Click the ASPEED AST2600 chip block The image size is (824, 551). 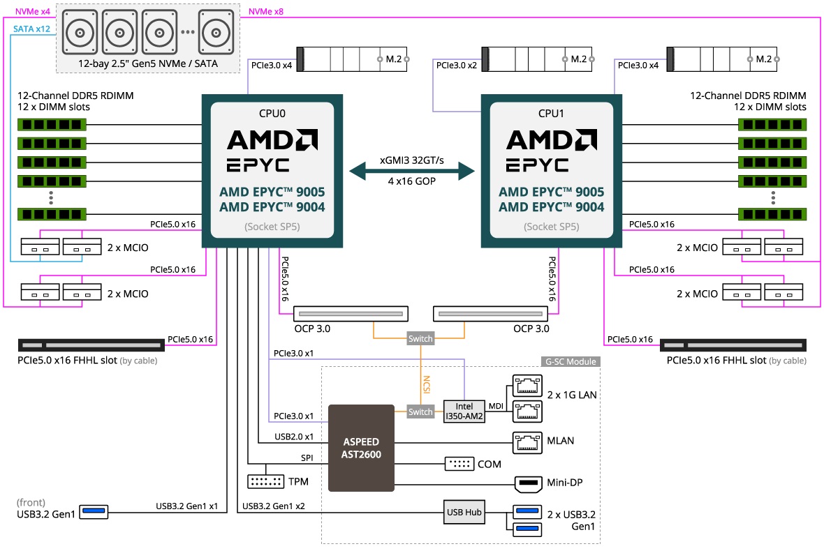tap(362, 447)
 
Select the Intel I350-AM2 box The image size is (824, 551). tap(464, 411)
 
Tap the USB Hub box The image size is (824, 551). tap(464, 513)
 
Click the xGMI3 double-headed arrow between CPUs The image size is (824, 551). tap(411, 170)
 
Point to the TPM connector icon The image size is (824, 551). tap(265, 481)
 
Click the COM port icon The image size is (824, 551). tap(458, 464)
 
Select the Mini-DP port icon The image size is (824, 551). tap(527, 483)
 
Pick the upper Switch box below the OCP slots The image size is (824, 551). tap(420, 338)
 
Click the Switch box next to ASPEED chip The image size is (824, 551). tap(420, 412)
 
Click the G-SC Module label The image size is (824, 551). tap(571, 361)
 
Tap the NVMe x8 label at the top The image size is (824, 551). tap(266, 10)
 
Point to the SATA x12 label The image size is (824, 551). tap(31, 29)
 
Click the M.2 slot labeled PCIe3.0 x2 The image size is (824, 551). tap(536, 59)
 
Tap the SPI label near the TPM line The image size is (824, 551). tap(307, 458)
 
